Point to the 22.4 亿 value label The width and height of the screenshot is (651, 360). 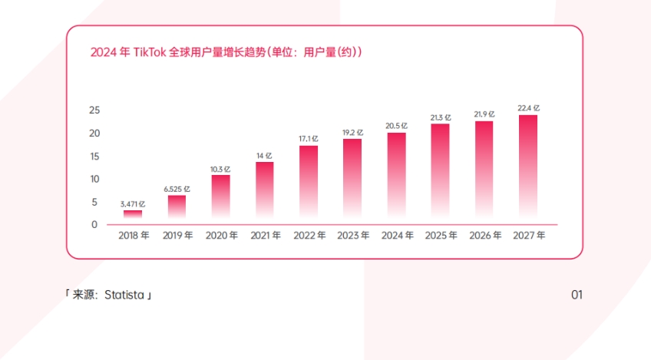coord(528,108)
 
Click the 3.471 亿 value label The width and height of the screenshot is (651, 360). coord(132,203)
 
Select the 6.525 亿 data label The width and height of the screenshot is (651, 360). coord(177,189)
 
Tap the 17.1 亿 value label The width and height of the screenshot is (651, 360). coord(309,138)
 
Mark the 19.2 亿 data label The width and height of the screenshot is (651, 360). coord(352,132)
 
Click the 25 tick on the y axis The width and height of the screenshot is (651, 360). coord(94,111)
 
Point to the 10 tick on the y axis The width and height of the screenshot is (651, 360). coord(94,179)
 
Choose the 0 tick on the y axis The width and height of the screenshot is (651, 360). coord(94,225)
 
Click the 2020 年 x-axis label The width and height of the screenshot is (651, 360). coord(222,236)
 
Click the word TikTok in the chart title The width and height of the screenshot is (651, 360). coord(150,52)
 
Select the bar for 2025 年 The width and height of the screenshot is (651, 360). coord(441,170)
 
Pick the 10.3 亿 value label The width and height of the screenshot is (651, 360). coord(220,169)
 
